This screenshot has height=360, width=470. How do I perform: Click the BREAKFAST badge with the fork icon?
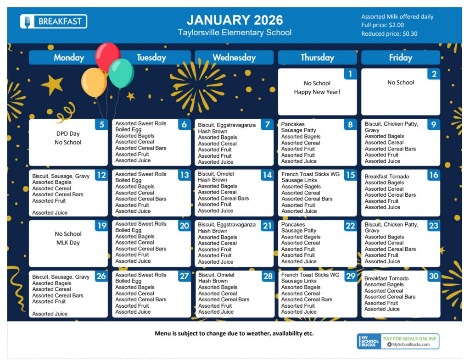54,22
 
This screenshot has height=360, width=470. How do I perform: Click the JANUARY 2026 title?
235,20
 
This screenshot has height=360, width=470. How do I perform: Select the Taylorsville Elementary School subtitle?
235,33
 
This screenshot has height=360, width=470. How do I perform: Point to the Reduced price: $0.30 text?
389,34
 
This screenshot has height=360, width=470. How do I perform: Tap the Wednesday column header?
234,57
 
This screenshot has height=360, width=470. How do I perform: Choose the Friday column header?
400,57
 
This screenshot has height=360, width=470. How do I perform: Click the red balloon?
107,56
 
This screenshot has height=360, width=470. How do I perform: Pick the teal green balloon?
121,73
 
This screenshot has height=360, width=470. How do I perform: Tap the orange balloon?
94,83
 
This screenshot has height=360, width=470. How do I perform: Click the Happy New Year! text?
317,92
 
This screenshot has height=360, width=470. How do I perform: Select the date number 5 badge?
101,125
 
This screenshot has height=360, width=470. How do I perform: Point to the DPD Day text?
68,133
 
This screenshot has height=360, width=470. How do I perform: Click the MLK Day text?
68,243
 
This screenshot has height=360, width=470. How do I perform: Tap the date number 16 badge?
434,175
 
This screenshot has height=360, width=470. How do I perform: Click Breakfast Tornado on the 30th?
386,278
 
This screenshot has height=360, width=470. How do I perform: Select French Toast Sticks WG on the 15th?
311,174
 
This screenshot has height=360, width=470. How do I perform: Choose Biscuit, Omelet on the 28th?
216,275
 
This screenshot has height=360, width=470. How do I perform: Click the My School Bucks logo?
369,342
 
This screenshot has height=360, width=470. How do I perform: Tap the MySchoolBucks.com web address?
411,344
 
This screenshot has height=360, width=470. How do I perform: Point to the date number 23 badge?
434,226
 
